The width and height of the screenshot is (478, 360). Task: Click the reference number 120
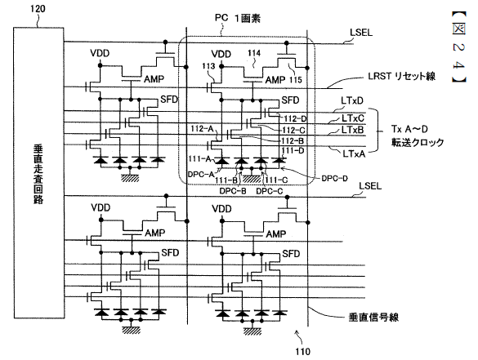coord(38,8)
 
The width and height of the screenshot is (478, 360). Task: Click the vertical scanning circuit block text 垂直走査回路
coord(38,174)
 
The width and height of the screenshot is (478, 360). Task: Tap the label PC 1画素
coord(238,18)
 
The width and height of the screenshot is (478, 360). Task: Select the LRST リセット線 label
coord(401,76)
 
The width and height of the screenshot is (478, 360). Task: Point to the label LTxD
coord(352,100)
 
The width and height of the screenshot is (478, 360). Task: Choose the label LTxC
coord(353,118)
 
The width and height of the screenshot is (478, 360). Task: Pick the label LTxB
coord(353,130)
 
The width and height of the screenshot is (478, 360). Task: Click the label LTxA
coord(354,153)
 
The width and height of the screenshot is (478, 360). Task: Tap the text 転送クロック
coord(418,143)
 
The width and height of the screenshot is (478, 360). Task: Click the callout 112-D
coord(295,119)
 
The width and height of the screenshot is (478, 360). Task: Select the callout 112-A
coord(202,129)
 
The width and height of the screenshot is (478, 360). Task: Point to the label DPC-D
coord(334,179)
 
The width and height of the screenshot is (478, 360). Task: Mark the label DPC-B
coord(233,191)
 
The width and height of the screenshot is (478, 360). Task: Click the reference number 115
coord(296,80)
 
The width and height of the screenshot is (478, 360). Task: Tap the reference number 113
coord(208,66)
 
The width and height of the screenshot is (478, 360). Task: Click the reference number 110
coord(302,352)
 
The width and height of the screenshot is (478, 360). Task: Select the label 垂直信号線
coord(373,318)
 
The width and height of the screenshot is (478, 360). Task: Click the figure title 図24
coord(458,47)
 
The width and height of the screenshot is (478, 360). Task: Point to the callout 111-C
coord(276,180)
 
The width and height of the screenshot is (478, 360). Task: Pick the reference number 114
coord(254,53)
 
